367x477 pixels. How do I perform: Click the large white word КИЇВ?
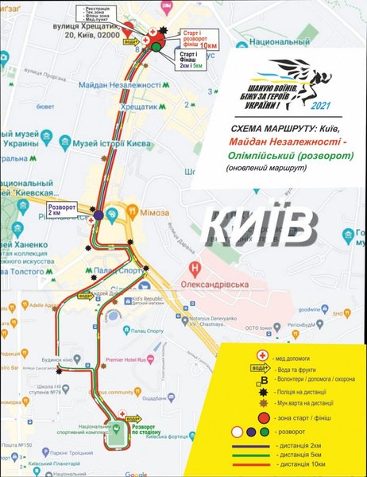point(260,225)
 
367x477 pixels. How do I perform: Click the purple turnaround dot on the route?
point(97,215)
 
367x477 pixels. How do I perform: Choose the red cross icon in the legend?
point(259,355)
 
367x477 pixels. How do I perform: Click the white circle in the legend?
point(237,432)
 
